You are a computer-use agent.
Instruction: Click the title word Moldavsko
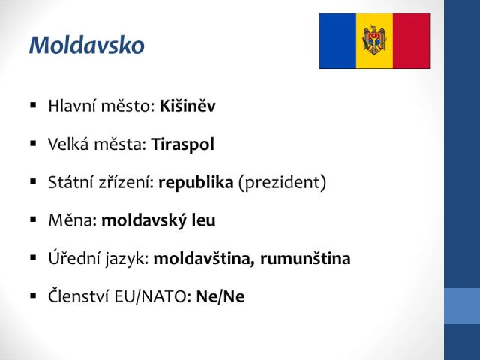(87, 46)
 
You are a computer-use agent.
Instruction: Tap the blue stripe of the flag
(337, 40)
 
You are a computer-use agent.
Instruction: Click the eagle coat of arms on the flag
(374, 40)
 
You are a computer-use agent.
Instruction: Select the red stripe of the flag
(412, 40)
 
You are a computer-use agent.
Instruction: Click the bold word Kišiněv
(187, 106)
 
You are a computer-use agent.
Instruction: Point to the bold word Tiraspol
(183, 145)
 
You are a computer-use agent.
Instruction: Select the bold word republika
(196, 182)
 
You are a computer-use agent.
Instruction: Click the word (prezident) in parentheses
(282, 182)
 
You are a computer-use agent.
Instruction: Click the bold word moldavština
(204, 258)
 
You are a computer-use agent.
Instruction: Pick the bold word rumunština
(305, 258)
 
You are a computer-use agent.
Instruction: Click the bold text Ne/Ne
(220, 296)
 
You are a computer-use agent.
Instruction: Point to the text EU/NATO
(153, 296)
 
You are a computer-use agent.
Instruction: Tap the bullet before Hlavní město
(33, 106)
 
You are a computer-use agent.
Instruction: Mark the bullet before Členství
(33, 295)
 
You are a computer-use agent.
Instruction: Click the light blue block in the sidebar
(462, 306)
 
